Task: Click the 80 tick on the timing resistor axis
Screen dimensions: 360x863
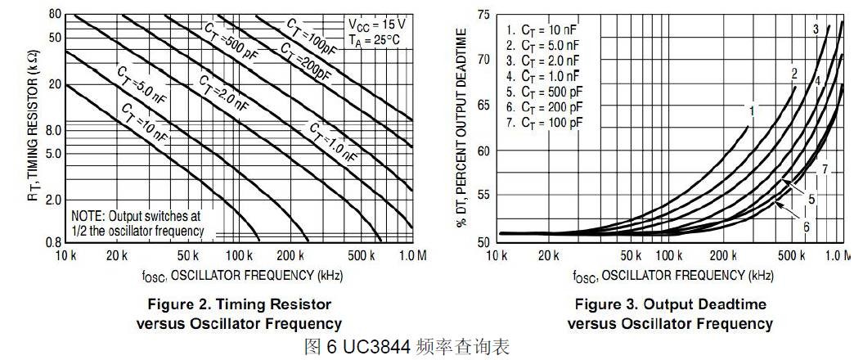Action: pos(55,14)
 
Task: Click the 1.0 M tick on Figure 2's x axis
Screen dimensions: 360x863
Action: pos(411,256)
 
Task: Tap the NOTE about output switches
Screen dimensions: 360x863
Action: pos(137,223)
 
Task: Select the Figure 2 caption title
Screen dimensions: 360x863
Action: pos(238,305)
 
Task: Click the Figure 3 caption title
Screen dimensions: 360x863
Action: pos(670,305)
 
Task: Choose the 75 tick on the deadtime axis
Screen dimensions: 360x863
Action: pos(484,15)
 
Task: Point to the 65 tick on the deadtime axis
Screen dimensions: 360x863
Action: pos(484,106)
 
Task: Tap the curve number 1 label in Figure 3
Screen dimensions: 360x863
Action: pos(751,108)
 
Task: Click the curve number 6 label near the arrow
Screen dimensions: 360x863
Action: pos(806,226)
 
